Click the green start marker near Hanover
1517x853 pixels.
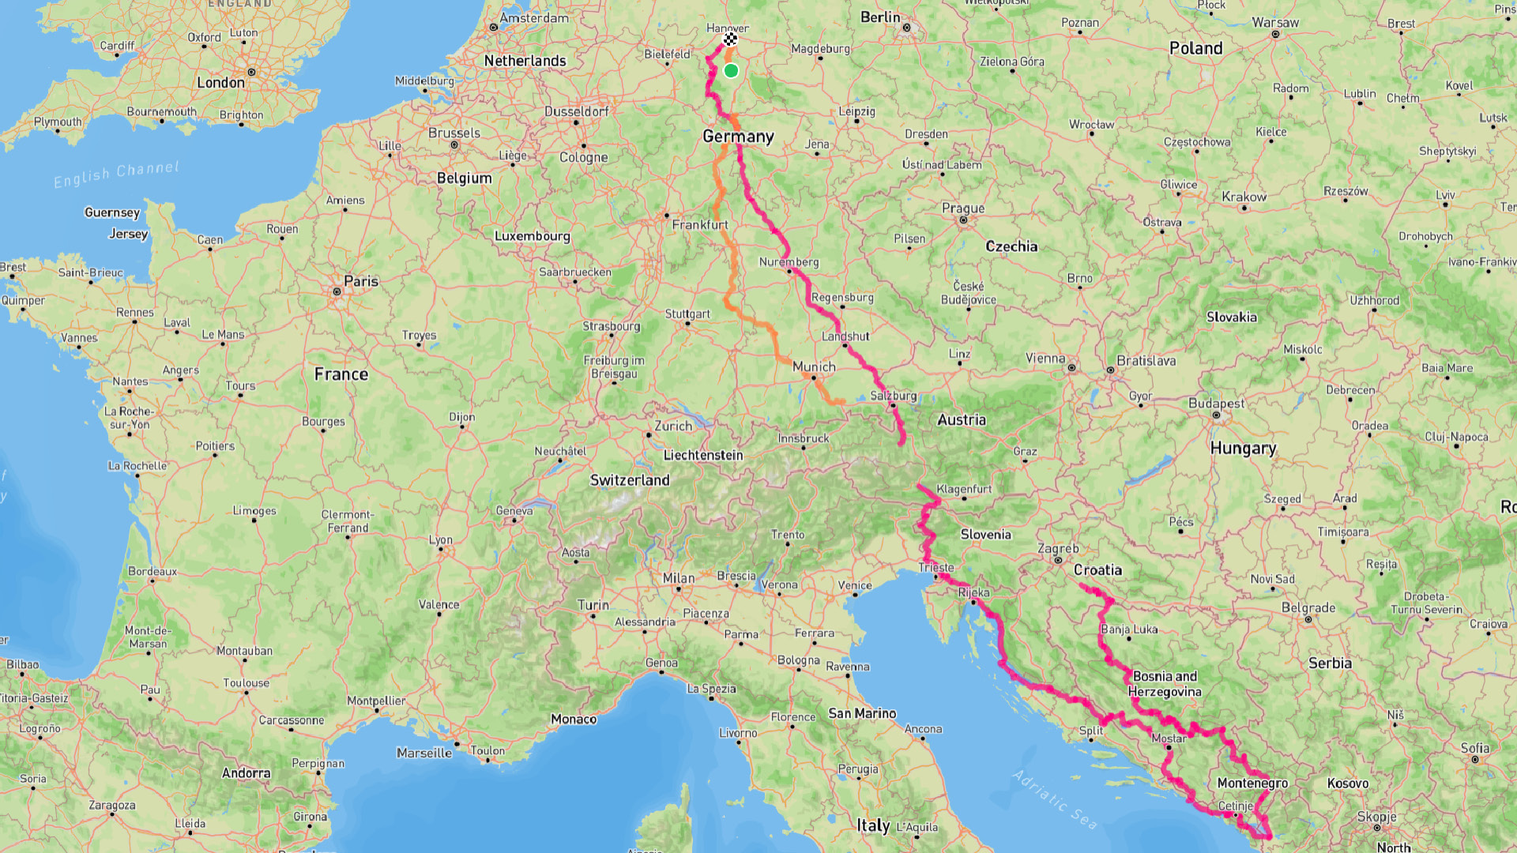pyautogui.click(x=731, y=71)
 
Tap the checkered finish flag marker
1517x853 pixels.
pyautogui.click(x=730, y=39)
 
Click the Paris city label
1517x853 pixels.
pyautogui.click(x=361, y=281)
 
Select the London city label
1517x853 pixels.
pyautogui.click(x=220, y=82)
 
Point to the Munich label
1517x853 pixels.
pyautogui.click(x=814, y=366)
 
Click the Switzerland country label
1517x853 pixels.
pyautogui.click(x=630, y=480)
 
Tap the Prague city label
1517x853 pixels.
pyautogui.click(x=963, y=209)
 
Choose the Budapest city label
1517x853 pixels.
pyautogui.click(x=1216, y=404)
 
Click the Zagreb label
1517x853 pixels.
pyautogui.click(x=1058, y=548)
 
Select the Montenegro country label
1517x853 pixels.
pyautogui.click(x=1252, y=783)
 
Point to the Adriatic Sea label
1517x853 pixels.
pyautogui.click(x=1055, y=799)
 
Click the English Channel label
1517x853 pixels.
pyautogui.click(x=117, y=174)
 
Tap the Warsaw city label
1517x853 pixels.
pyautogui.click(x=1275, y=22)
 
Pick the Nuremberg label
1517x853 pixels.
pyautogui.click(x=789, y=261)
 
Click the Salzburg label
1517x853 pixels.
pyautogui.click(x=894, y=395)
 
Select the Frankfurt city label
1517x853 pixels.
pyautogui.click(x=700, y=224)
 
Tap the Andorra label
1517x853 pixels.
pyautogui.click(x=246, y=772)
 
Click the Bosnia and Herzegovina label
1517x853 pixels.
pyautogui.click(x=1165, y=684)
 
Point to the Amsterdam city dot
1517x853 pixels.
pyautogui.click(x=494, y=28)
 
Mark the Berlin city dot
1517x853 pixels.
pyautogui.click(x=906, y=28)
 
